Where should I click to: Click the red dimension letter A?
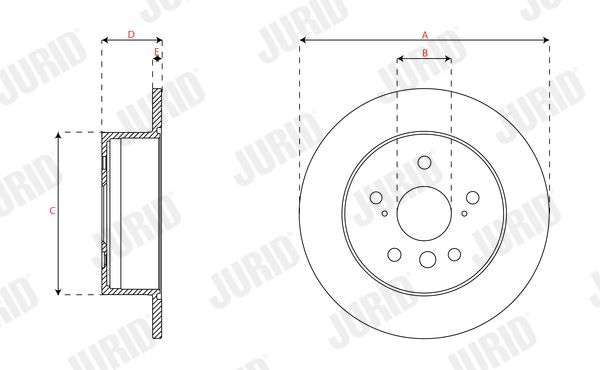[x=425, y=36]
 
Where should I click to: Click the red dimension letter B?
[x=425, y=53]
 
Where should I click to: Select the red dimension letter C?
[x=52, y=210]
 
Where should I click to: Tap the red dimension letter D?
[x=131, y=34]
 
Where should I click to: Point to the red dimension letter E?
[x=156, y=51]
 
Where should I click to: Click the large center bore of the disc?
[x=424, y=214]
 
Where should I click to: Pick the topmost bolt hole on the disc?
[x=424, y=162]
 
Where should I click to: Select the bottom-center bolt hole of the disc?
[x=428, y=259]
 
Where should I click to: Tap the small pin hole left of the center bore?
[x=385, y=214]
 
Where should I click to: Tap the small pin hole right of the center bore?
[x=464, y=214]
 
